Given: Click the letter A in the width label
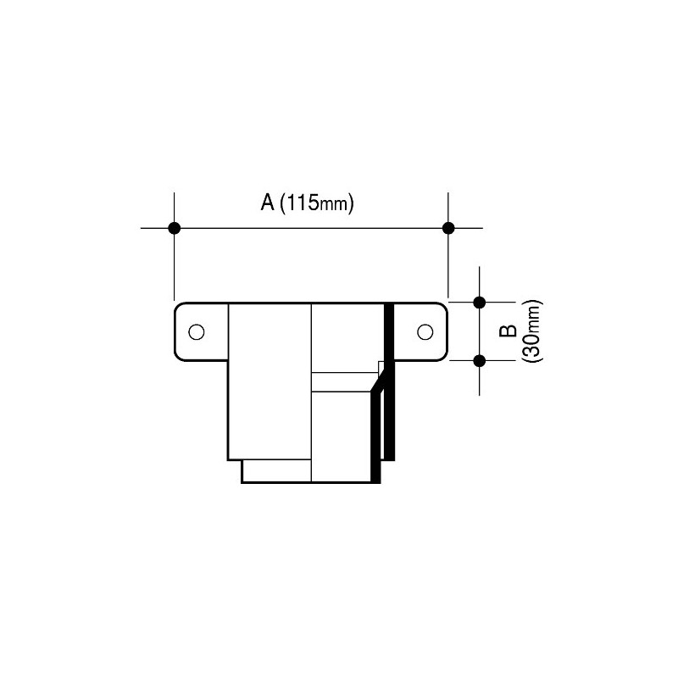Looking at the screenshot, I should (x=265, y=203).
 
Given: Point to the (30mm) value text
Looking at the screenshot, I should (x=533, y=331).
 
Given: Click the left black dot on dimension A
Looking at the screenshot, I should (x=175, y=227).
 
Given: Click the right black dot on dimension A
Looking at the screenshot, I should (x=448, y=227).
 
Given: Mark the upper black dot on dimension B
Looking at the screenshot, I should (x=480, y=302).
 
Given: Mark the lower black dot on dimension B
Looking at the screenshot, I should (x=480, y=360).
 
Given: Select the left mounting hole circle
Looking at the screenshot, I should (x=196, y=331).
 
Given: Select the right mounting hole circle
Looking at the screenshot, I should (x=425, y=331).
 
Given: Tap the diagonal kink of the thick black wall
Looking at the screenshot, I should (x=379, y=381).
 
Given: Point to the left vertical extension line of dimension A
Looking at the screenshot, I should (x=175, y=263).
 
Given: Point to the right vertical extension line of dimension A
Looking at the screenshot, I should (x=448, y=263).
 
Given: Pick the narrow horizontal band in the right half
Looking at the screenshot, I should (x=344, y=382).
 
